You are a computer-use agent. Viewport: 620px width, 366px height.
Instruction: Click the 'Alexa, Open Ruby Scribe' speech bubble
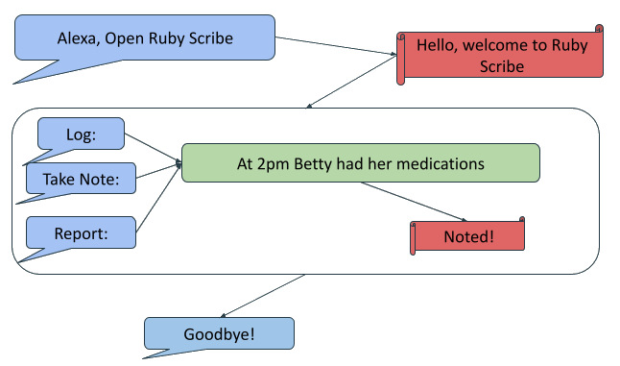point(144,39)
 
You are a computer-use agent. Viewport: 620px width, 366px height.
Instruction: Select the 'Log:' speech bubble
point(82,134)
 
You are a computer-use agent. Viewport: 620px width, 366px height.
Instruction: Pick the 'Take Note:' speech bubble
point(81,178)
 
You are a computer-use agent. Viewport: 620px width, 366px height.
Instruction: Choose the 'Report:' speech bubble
point(81,232)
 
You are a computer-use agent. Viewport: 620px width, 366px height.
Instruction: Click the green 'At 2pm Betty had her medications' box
point(360,163)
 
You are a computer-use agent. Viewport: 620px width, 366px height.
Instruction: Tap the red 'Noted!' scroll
point(468,235)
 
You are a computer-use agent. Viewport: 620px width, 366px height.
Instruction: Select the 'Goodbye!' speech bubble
point(219,334)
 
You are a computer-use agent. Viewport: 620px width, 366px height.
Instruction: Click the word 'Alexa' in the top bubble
point(77,39)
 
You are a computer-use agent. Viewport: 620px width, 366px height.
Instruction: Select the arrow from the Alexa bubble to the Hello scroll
point(336,46)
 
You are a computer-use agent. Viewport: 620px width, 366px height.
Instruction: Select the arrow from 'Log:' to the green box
point(154,147)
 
